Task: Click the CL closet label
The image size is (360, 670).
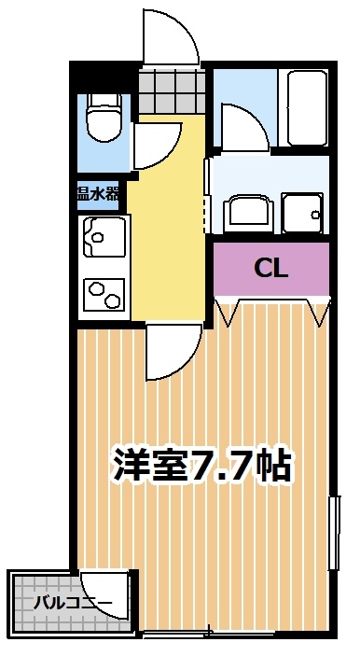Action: click(271, 269)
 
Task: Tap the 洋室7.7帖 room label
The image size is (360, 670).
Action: click(203, 464)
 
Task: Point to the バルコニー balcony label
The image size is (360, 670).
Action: click(73, 602)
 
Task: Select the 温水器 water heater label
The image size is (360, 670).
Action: click(98, 194)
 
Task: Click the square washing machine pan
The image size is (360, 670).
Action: click(301, 216)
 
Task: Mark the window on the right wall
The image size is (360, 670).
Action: click(333, 533)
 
